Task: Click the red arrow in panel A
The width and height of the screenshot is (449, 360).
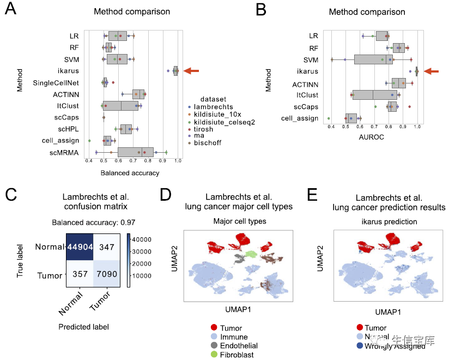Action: (192, 70)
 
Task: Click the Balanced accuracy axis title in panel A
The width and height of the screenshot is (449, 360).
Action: (130, 173)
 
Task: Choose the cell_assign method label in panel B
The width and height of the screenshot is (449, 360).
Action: (300, 118)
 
